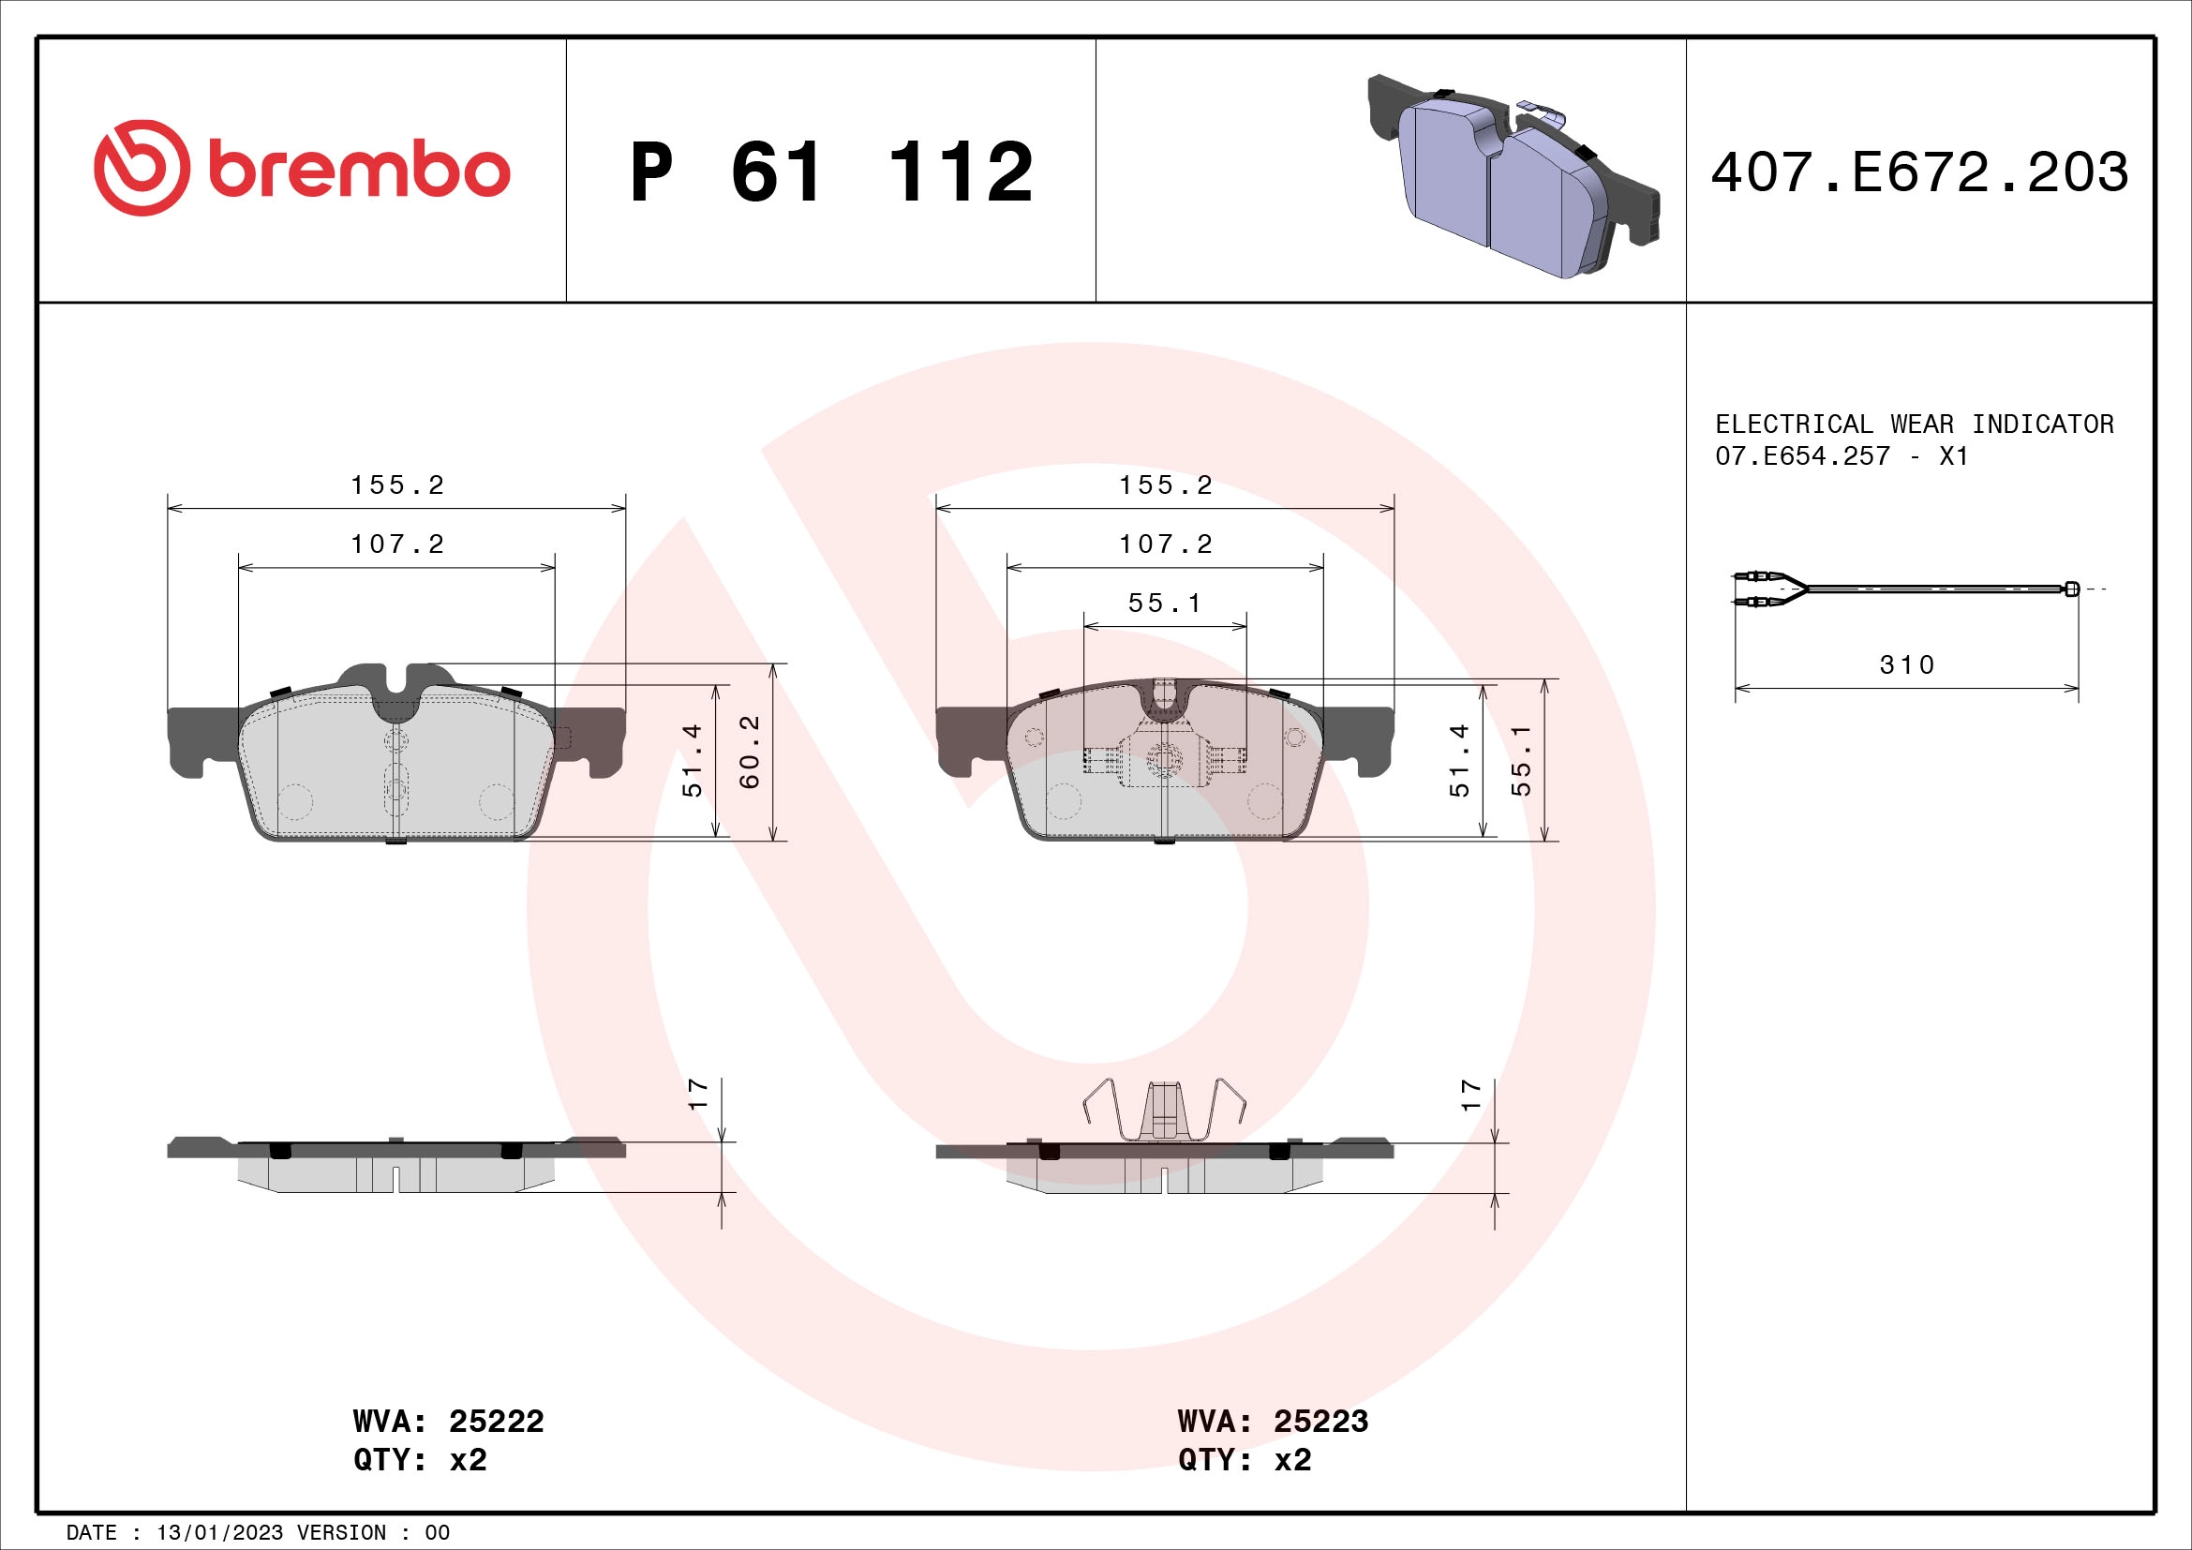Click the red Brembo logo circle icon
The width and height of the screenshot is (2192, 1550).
[141, 168]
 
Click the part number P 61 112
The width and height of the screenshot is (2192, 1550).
[830, 172]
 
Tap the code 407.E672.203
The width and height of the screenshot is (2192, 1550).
[1919, 172]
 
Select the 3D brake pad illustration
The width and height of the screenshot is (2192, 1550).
[1513, 177]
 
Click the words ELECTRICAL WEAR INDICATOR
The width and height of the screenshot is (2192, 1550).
[1914, 424]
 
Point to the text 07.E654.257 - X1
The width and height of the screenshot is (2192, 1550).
[1841, 456]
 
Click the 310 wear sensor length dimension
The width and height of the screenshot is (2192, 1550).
[1906, 665]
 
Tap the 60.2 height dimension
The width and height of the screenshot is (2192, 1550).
[751, 753]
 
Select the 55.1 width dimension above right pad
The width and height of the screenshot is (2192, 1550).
[1164, 604]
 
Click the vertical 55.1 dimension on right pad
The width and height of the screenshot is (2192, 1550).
[1522, 760]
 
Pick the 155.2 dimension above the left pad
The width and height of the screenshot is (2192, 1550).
[397, 484]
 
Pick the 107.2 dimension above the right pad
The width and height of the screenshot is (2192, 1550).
[1165, 544]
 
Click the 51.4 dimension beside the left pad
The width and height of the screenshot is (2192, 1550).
[693, 760]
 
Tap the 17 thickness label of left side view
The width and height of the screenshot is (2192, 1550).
[699, 1093]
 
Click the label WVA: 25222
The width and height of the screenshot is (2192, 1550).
[448, 1422]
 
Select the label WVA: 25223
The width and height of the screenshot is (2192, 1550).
[1273, 1422]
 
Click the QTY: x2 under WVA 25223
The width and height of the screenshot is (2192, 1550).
[1244, 1460]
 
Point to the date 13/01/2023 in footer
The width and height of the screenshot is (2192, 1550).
[218, 1533]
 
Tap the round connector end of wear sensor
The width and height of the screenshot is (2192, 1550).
[2071, 588]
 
